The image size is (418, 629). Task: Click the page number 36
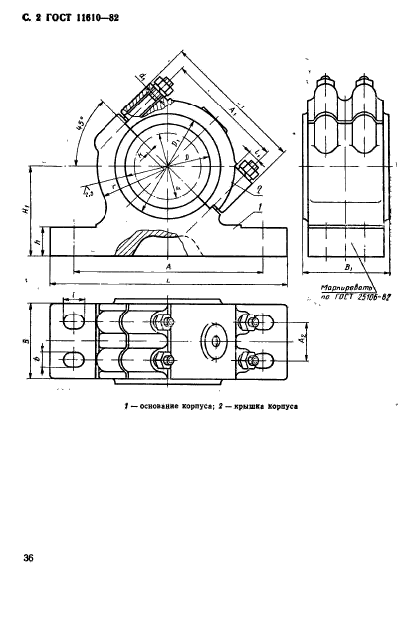point(28,558)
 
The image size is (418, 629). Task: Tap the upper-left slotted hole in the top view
point(72,321)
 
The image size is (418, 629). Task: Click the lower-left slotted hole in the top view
point(72,360)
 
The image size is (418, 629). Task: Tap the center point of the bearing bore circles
point(175,163)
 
